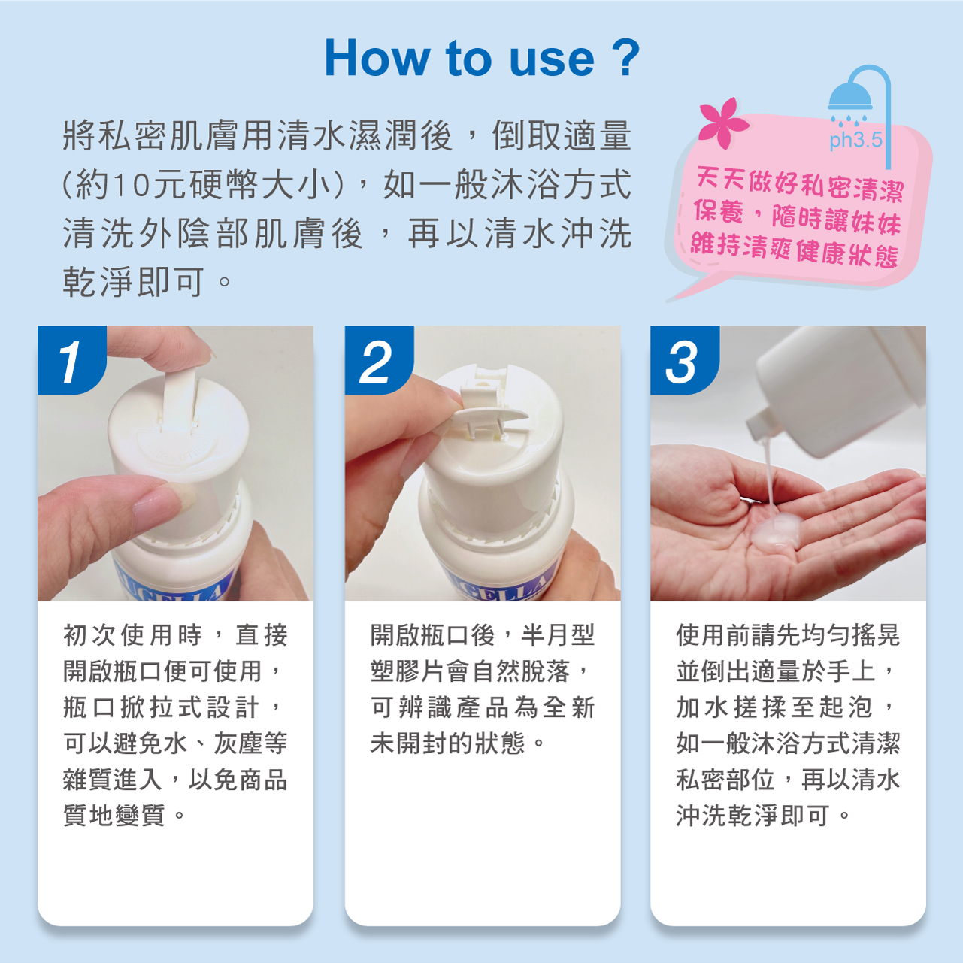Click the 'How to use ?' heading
(x=482, y=59)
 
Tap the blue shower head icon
(x=850, y=96)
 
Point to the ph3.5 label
(x=855, y=141)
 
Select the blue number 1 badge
(x=71, y=360)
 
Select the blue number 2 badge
(x=379, y=360)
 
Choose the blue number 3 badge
(x=684, y=360)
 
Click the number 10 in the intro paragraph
(x=132, y=186)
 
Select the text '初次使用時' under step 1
(x=132, y=635)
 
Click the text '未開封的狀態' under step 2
(x=447, y=743)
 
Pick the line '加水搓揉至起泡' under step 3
(x=774, y=707)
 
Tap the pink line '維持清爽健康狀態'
(x=795, y=250)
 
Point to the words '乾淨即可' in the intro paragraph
(x=133, y=282)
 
